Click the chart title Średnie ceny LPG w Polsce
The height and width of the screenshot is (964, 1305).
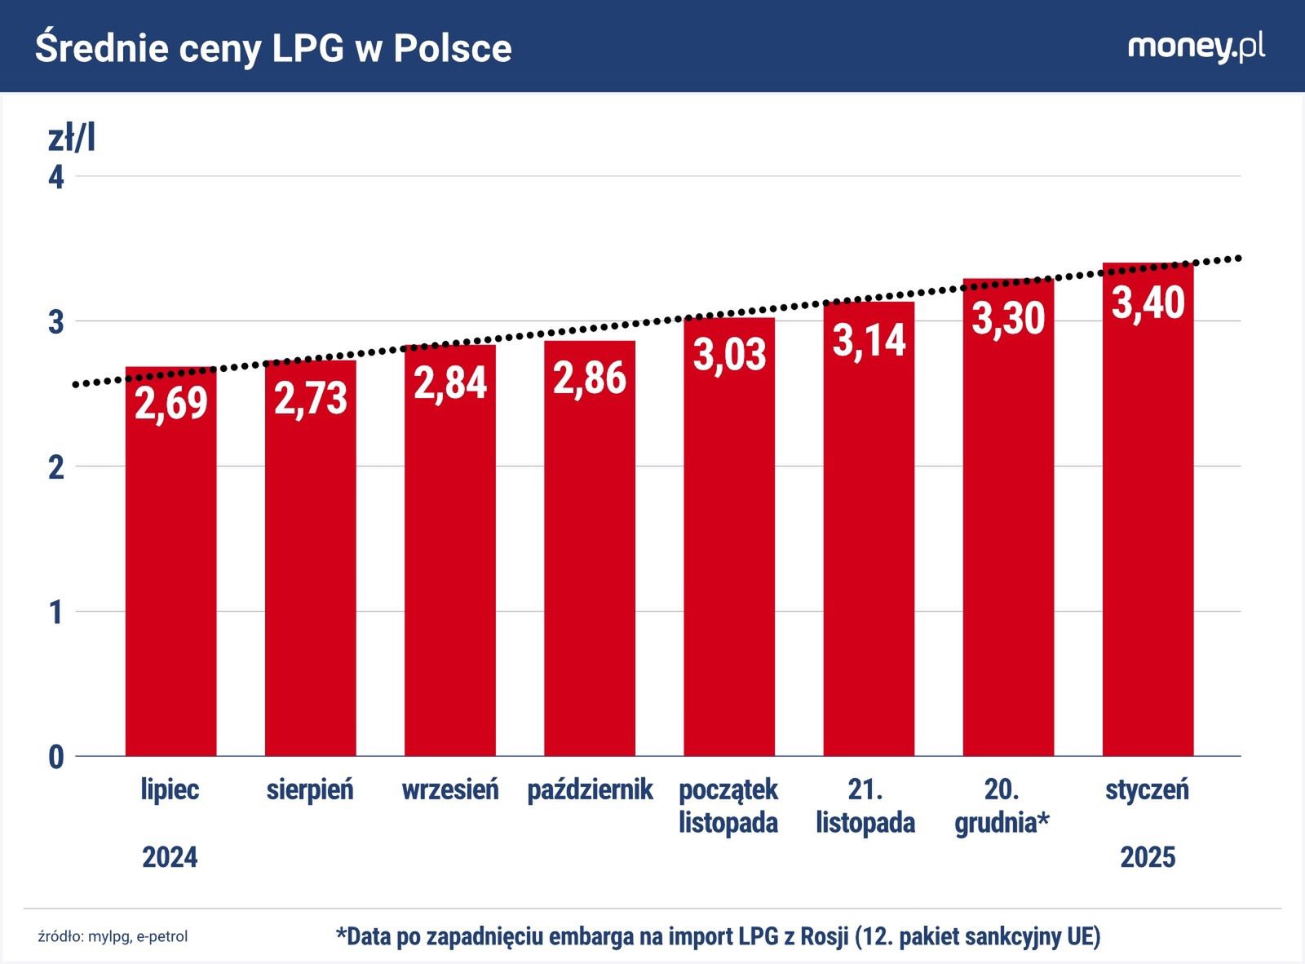pos(273,48)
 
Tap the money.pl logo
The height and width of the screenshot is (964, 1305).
pos(1196,47)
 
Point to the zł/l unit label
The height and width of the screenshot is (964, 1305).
pos(72,139)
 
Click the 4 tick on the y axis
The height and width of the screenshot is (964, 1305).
pos(56,177)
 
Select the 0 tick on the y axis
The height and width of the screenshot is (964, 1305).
pos(56,758)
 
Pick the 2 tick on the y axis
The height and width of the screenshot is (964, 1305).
pos(56,467)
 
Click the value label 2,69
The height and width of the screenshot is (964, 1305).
pos(171,402)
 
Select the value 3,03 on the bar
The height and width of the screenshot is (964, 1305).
pos(729,354)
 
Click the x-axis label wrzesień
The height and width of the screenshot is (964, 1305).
pos(450,789)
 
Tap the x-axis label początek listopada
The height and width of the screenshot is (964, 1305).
pos(728,806)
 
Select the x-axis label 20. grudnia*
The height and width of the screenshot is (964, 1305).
pos(1002,806)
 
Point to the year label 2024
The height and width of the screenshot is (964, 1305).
pos(170,857)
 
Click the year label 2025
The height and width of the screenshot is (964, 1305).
pos(1148,857)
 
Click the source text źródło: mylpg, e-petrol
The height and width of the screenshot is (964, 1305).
pos(113,936)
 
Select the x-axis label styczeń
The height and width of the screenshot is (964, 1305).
pos(1148,789)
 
